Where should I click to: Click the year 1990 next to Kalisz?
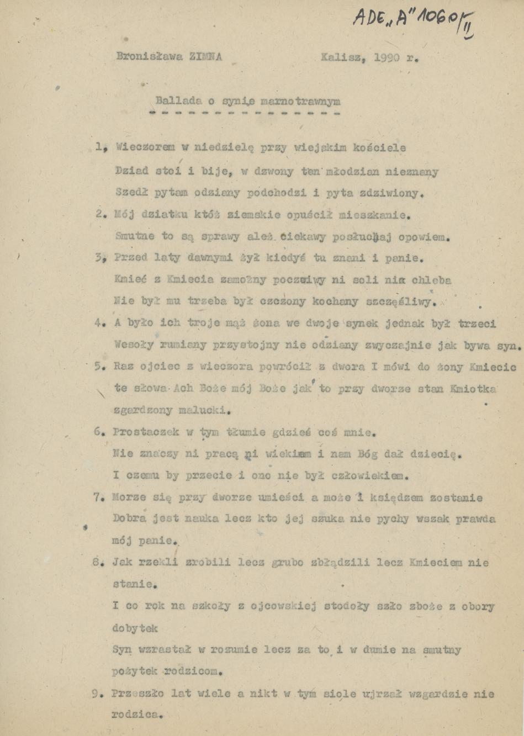click(387, 57)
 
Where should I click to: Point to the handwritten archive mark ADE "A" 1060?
click(411, 21)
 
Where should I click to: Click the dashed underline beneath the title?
click(245, 113)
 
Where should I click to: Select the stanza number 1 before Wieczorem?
click(100, 147)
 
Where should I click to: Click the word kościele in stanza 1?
click(382, 148)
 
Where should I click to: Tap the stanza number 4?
click(99, 324)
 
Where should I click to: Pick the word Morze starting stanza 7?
click(129, 497)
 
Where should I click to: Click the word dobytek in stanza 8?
click(135, 628)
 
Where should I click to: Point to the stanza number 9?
click(96, 694)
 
